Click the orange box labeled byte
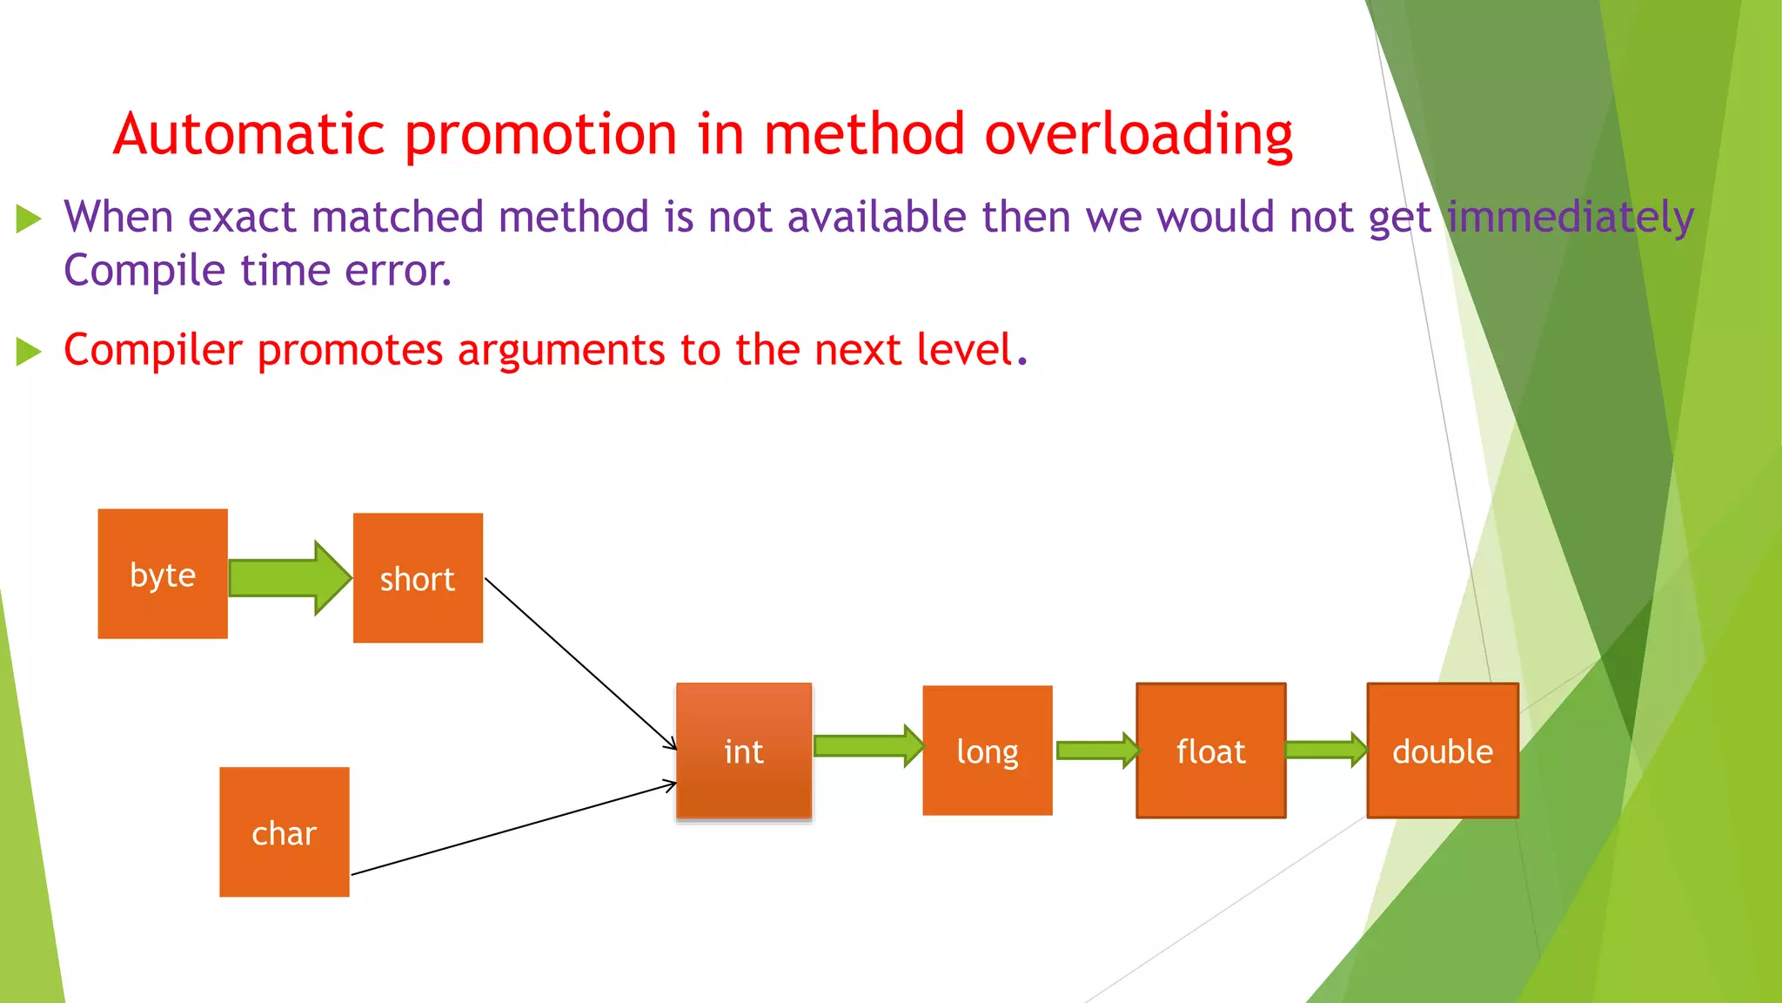163,574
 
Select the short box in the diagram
418,578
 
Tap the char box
284,832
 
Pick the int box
744,751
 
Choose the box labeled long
987,751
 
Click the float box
1210,751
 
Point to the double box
1442,751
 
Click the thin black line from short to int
580,663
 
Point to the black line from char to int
513,829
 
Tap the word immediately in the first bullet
1571,217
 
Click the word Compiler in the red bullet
153,350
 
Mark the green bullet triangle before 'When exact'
29,219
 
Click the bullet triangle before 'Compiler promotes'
29,352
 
